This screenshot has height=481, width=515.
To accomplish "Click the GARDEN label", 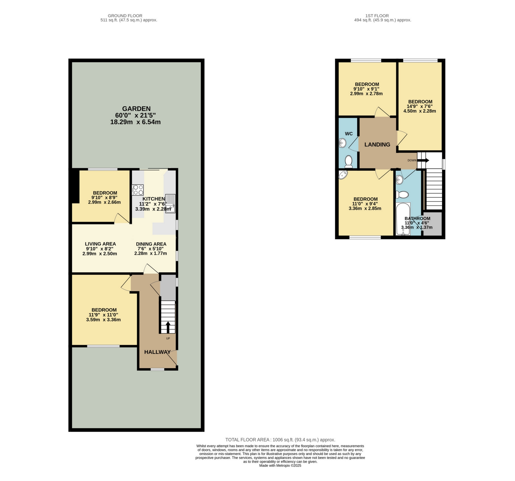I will click(x=136, y=109).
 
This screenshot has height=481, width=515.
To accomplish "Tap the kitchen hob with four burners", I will click(x=138, y=190).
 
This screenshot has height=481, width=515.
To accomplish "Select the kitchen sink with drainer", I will click(x=170, y=204).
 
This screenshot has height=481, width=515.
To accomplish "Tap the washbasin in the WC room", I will click(x=343, y=143).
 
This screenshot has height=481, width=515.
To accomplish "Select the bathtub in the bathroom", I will click(x=403, y=219).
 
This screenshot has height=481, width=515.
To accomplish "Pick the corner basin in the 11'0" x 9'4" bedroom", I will click(x=343, y=175).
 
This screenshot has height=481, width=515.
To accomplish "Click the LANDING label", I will click(x=377, y=145).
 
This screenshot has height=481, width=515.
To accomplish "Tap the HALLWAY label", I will click(x=157, y=352).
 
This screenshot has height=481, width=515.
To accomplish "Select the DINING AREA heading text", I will click(x=151, y=244).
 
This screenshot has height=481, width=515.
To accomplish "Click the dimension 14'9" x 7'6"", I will click(x=419, y=106).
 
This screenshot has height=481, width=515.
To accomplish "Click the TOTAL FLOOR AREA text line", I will click(x=280, y=440).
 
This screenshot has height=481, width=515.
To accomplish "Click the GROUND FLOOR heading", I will click(x=125, y=16).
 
